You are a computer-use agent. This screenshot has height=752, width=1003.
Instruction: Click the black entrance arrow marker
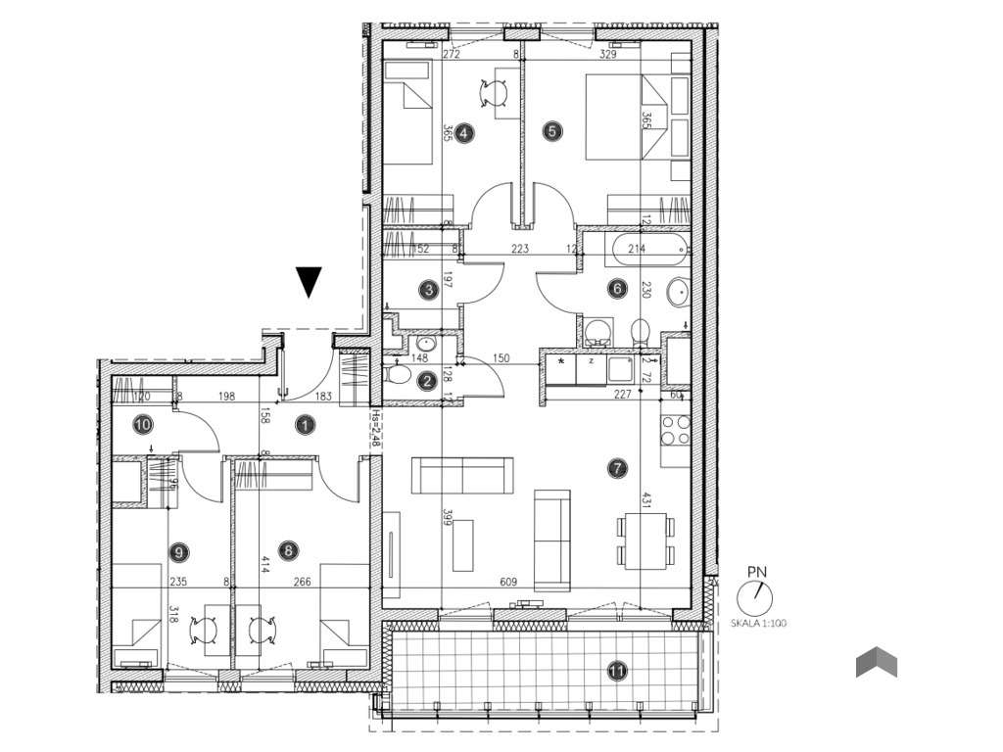pos(309,281)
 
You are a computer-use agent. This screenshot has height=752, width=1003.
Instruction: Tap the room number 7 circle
pos(616,469)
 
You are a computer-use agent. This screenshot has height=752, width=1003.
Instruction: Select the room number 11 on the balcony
pos(616,671)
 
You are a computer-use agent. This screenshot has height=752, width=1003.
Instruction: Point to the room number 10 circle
pos(143,425)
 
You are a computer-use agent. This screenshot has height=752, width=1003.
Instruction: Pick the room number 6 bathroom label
pos(616,288)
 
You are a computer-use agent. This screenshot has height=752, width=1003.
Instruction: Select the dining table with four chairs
pos(645,540)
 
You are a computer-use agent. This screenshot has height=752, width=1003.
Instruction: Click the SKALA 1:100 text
pos(756,623)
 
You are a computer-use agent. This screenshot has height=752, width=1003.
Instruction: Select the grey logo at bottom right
pos(877,663)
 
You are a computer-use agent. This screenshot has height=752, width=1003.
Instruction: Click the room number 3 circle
pos(427,289)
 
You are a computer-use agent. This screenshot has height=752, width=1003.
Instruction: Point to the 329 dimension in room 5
pos(608,56)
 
